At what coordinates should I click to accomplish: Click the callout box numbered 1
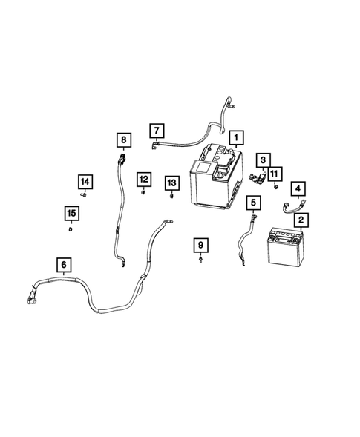click(x=236, y=138)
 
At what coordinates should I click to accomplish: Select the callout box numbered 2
click(x=301, y=220)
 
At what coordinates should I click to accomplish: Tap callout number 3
click(x=264, y=160)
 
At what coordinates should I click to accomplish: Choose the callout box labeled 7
click(x=157, y=131)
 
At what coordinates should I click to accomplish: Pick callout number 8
click(x=124, y=140)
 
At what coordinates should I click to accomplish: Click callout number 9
click(x=200, y=246)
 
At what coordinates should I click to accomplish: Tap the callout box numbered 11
click(x=275, y=174)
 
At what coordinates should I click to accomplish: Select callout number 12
click(x=144, y=180)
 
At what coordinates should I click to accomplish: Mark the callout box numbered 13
click(x=171, y=183)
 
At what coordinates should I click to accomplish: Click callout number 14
click(x=85, y=182)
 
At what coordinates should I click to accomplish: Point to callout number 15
click(x=72, y=214)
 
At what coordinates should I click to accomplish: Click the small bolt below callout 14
click(x=83, y=195)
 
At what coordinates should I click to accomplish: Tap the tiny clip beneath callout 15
click(x=71, y=229)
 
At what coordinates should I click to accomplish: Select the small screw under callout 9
click(x=200, y=260)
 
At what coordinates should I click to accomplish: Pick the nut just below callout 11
click(x=275, y=186)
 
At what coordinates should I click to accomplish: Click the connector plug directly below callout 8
click(x=122, y=160)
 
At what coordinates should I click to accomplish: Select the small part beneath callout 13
click(x=171, y=196)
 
